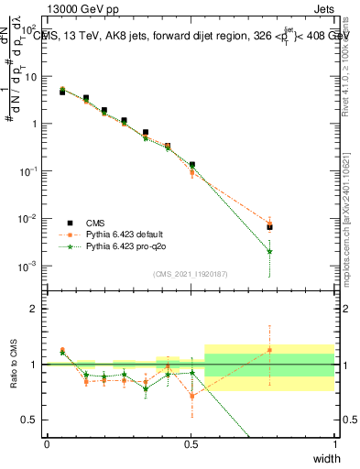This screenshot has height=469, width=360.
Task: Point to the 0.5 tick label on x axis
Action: coord(191,442)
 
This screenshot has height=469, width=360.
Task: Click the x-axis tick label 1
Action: coord(334,442)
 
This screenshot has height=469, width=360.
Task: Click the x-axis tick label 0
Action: coord(47,442)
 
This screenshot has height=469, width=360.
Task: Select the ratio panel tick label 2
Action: coord(36,308)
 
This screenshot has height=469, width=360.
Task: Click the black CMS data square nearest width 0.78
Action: coord(269,227)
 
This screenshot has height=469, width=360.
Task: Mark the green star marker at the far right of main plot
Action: coord(269,252)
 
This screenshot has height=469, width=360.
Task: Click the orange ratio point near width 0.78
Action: coord(269,350)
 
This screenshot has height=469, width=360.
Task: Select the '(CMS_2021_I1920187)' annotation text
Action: coord(190,273)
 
